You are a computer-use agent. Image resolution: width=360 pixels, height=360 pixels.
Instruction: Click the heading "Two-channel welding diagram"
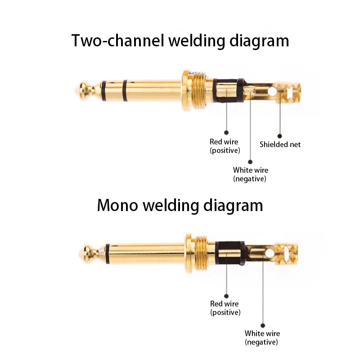(180, 40)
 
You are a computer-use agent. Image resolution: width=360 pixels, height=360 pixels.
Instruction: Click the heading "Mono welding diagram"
(180, 205)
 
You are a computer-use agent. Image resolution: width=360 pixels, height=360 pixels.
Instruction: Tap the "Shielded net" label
(280, 144)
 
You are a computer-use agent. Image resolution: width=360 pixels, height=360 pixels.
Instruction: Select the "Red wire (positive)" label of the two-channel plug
(225, 146)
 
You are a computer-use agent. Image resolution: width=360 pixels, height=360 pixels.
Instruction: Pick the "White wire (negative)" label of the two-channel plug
(250, 174)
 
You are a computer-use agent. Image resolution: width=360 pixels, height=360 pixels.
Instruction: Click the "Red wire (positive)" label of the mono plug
(225, 308)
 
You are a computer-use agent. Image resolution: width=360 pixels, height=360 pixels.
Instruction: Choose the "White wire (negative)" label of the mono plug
(262, 337)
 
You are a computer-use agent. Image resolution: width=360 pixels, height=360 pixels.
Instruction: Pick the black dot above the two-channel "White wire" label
(250, 161)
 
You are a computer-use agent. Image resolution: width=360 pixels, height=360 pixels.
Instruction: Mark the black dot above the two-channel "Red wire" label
(226, 132)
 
